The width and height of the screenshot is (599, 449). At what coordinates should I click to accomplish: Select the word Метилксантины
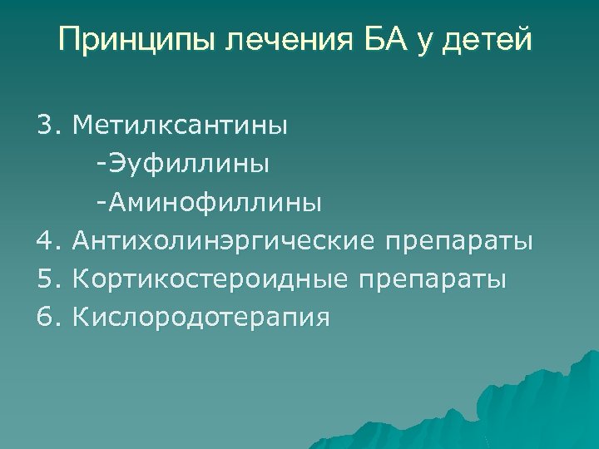coord(181,126)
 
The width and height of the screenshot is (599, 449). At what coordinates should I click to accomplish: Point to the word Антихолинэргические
coord(224,241)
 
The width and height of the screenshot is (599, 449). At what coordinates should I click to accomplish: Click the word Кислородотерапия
coord(200,318)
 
